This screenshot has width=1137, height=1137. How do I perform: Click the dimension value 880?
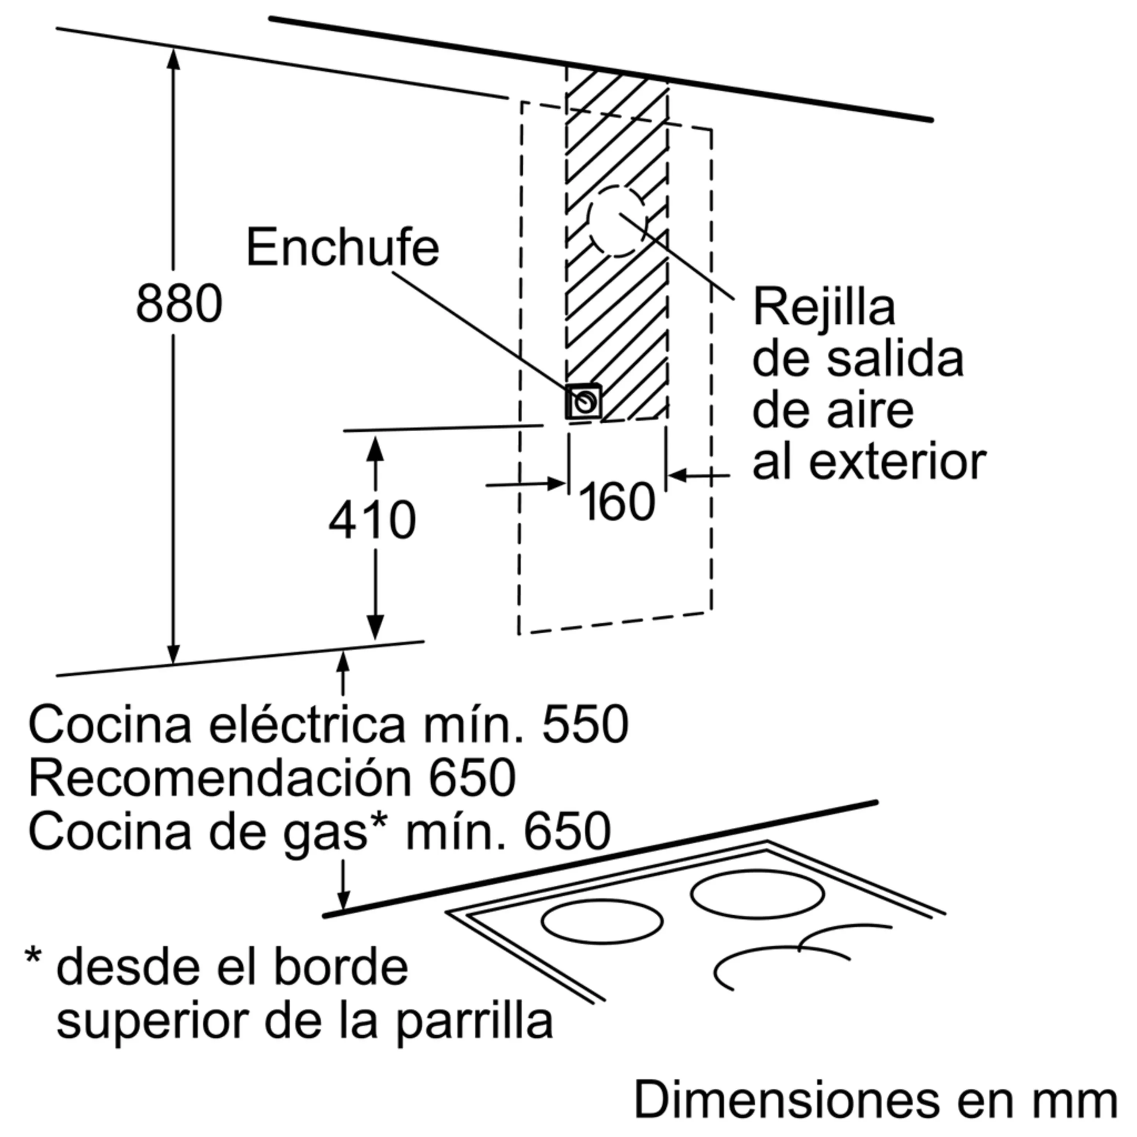click(179, 304)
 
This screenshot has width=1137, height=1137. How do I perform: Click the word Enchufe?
click(343, 248)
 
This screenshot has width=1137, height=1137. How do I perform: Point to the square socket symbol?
click(584, 402)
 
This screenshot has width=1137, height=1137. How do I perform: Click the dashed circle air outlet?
click(617, 222)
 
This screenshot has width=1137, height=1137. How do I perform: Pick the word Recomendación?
click(219, 778)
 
